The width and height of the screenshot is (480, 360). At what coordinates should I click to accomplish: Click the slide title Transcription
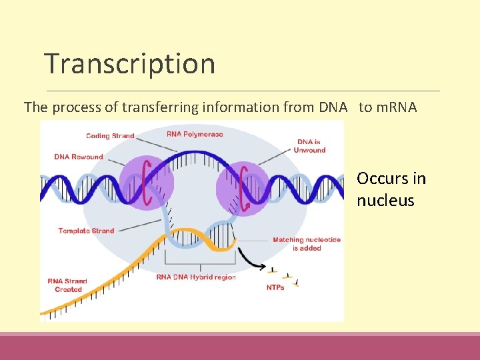point(130,64)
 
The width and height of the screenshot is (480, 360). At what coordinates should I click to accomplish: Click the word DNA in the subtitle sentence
point(333,107)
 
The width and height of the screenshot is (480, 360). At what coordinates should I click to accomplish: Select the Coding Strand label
point(110,136)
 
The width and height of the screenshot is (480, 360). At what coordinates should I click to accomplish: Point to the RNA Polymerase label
point(195,134)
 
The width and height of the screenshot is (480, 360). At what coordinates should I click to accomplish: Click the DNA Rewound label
point(79,157)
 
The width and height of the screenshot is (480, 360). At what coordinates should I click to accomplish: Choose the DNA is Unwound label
point(311,146)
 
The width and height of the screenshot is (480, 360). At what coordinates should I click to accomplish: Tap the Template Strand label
point(86,231)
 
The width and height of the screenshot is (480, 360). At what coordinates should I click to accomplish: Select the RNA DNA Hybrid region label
point(196,277)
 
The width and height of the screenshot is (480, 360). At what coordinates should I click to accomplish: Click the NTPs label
point(275,287)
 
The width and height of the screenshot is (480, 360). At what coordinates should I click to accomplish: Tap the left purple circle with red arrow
point(147,179)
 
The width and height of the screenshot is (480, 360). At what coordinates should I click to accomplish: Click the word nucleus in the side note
point(385,201)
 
